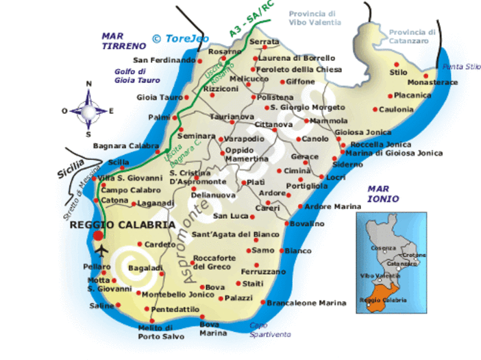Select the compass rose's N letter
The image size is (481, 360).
click(x=88, y=84)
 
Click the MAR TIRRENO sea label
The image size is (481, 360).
click(x=123, y=41)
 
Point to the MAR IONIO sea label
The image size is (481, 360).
click(x=383, y=193)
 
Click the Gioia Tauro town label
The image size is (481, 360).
click(x=160, y=97)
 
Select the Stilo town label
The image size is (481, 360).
click(x=397, y=72)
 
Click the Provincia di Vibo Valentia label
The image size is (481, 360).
click(x=314, y=18)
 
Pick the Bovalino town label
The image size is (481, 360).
click(x=306, y=224)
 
